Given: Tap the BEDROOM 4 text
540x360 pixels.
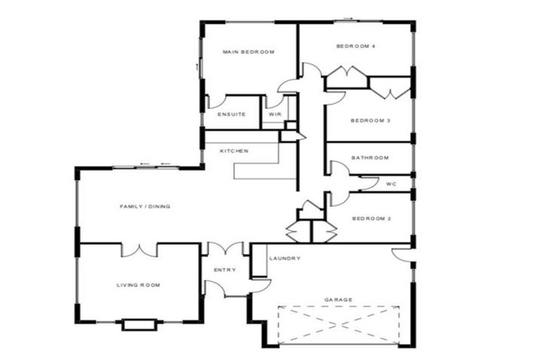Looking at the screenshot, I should point(355,46).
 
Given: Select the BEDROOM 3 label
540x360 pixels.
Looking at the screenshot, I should point(370,120).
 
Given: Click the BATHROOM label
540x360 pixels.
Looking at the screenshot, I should point(370,157).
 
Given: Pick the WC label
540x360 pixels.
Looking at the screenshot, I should point(392,184).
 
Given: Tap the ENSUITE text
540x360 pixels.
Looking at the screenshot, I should point(231,115).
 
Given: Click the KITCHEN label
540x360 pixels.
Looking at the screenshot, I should point(233,151).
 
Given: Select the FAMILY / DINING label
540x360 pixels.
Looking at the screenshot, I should point(145,206).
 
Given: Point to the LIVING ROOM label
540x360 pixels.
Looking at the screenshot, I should point(139,285).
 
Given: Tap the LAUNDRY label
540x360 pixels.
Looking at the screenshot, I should point(285,258).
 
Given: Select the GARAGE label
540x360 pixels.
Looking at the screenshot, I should point(338,300).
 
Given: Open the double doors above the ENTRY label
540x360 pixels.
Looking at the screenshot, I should point(224,249).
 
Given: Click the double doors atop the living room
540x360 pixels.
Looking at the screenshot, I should point(139,250).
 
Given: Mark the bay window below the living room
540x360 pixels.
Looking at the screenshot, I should point(139,324).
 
